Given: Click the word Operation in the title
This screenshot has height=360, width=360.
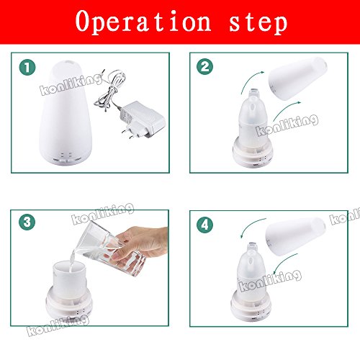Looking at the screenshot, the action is (x=143, y=22).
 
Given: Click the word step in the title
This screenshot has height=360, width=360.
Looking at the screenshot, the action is (x=258, y=23).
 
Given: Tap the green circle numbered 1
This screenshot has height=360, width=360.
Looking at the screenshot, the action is (x=27, y=68).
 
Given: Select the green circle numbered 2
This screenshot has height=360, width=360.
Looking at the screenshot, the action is (x=204, y=66).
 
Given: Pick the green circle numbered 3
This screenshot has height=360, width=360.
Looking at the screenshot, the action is (x=27, y=222).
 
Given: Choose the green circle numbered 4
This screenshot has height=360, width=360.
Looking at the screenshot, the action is (x=204, y=225).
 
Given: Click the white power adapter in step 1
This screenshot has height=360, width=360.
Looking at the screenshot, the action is (x=143, y=120).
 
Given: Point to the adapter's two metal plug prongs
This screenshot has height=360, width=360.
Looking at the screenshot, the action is (x=129, y=134).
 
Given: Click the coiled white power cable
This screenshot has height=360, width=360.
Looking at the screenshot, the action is (x=109, y=91).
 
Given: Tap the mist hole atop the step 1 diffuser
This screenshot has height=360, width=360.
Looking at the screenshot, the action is (x=69, y=63).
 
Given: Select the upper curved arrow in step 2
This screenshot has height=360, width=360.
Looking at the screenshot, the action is (x=250, y=78).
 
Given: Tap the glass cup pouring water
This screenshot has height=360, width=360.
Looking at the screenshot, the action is (x=110, y=250).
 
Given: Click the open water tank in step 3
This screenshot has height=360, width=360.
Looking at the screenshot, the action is (x=70, y=279).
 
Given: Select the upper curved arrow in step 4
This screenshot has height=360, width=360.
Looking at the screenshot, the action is (x=250, y=225).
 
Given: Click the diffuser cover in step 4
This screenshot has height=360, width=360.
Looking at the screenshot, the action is (x=296, y=236).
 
